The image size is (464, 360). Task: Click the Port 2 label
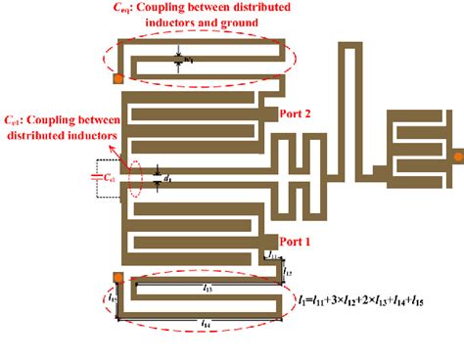click(x=296, y=113)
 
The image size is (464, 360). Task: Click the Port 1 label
click(x=296, y=240)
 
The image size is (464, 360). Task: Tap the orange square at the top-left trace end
click(x=119, y=78)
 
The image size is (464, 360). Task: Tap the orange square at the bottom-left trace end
click(x=118, y=278)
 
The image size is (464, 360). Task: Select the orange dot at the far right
click(x=456, y=155)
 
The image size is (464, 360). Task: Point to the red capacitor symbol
click(x=96, y=177)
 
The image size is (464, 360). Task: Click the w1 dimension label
click(x=189, y=61)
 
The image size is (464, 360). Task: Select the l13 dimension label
click(x=209, y=288)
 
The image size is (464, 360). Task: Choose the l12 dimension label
click(x=288, y=265)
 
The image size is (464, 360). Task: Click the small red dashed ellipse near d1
click(x=134, y=177)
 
